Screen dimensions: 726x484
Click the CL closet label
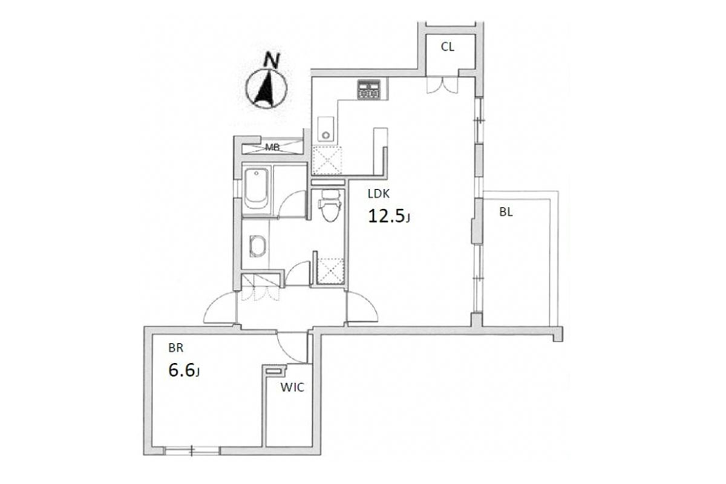(447, 47)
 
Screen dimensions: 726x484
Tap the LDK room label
(378, 194)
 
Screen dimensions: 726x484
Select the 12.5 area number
(387, 216)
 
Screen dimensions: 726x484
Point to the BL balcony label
(506, 212)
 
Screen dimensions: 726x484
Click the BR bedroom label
(176, 348)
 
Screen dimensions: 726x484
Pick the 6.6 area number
(181, 370)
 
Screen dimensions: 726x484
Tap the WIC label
(292, 387)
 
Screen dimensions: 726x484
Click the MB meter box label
(272, 148)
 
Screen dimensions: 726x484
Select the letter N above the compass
(271, 60)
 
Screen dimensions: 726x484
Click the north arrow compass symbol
(266, 88)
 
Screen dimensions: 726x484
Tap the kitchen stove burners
(369, 90)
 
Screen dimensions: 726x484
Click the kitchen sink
(325, 129)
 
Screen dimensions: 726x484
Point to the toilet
(330, 206)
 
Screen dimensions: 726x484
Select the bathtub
(256, 189)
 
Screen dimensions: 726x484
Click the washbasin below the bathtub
(258, 246)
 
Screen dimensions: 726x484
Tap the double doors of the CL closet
(442, 85)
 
